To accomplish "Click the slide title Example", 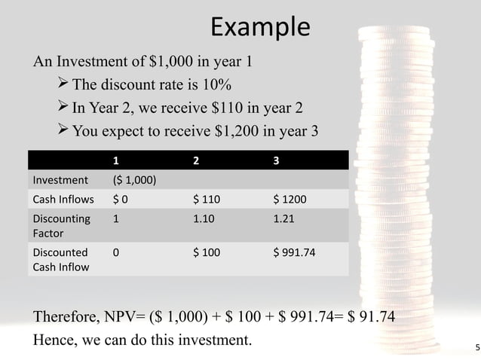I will [259, 28].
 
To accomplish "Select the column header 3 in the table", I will [276, 160].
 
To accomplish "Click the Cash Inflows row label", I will [63, 200].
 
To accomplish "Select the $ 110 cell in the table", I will [207, 200].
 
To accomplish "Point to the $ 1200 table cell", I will [290, 200].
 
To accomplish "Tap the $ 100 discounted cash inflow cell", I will [207, 253].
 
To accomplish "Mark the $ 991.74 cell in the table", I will [295, 253].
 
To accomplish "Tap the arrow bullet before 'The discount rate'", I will [63, 82].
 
